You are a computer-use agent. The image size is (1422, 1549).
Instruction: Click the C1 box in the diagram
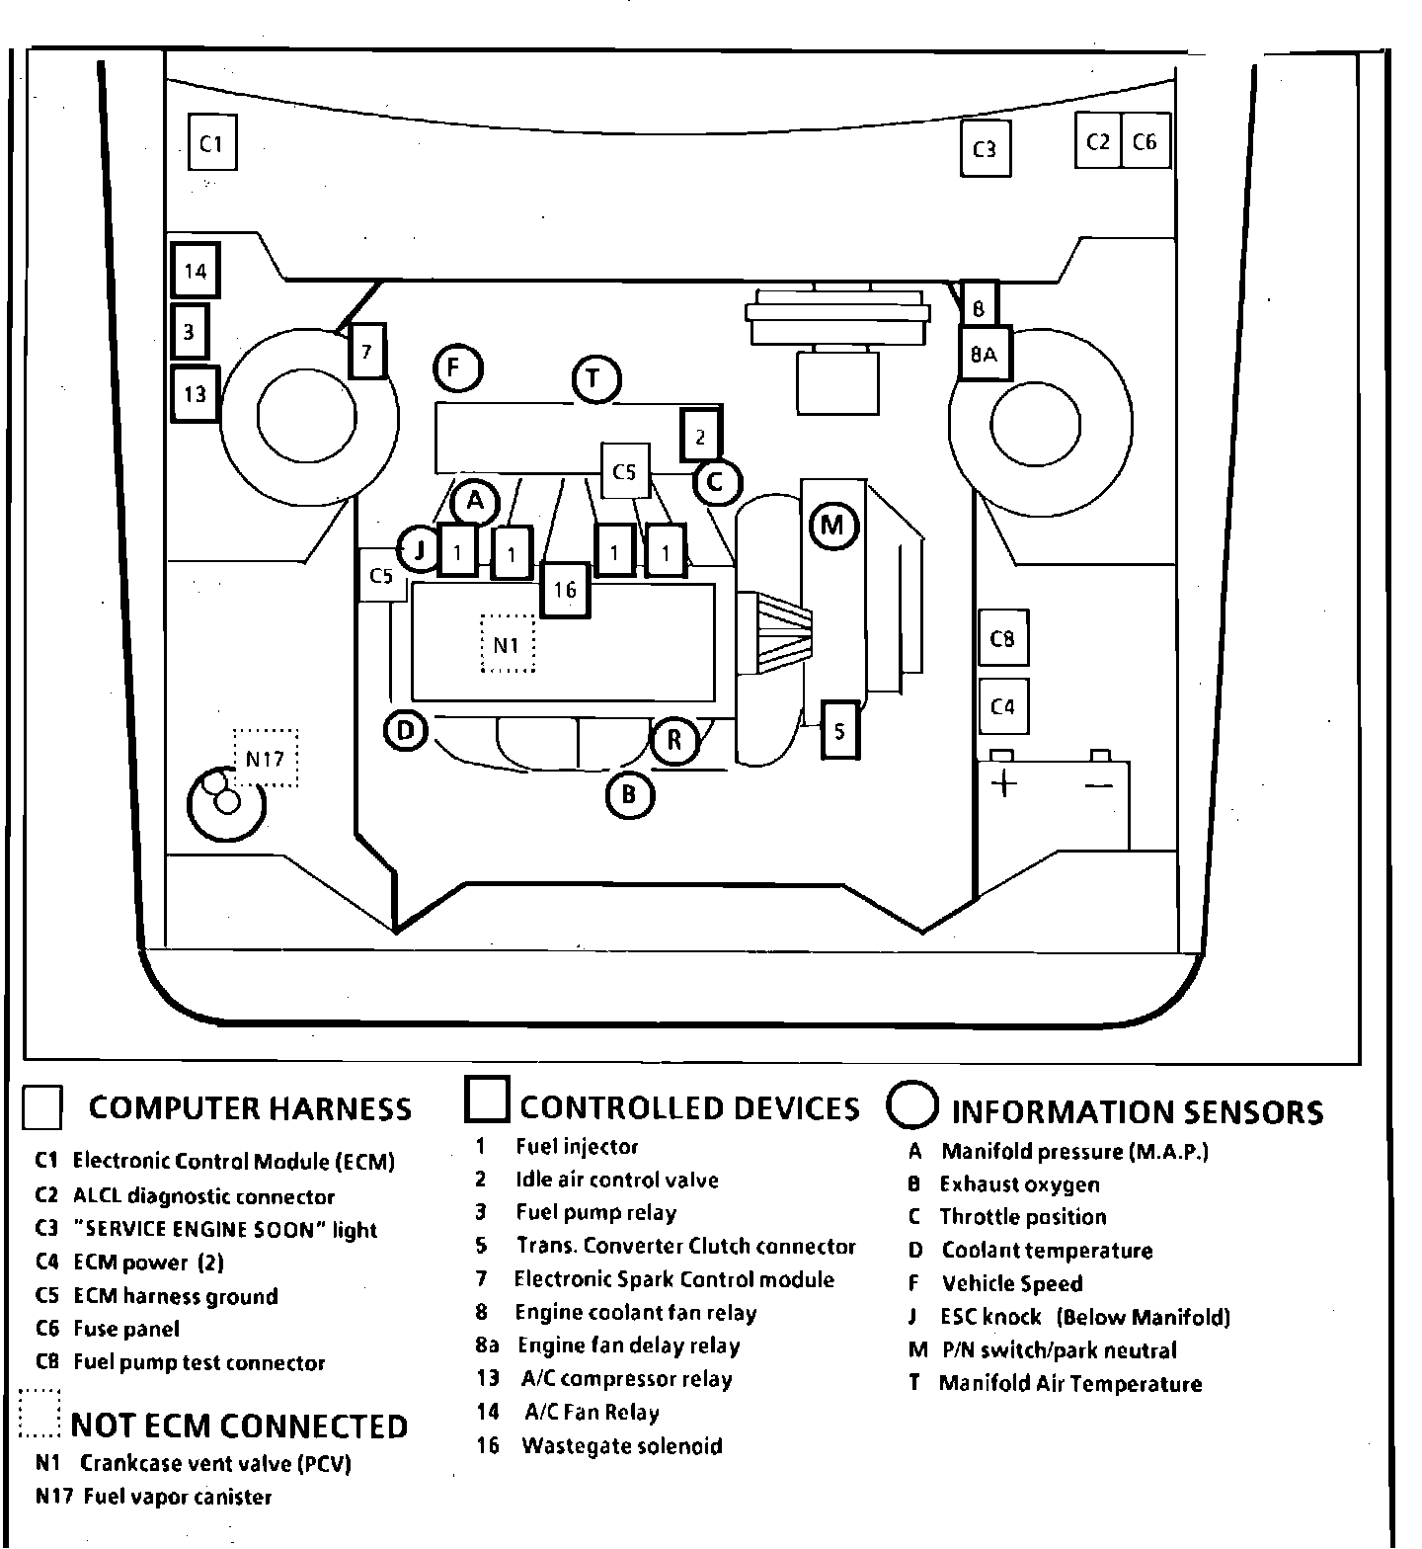pos(211,144)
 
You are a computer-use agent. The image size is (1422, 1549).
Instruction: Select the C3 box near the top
pos(984,149)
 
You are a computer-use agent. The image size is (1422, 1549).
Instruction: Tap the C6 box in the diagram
pos(1145,142)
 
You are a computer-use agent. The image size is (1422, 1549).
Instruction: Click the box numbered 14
pos(195,271)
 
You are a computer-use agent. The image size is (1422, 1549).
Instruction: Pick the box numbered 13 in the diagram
pos(195,393)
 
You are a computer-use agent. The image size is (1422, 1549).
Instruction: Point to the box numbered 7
pos(366,351)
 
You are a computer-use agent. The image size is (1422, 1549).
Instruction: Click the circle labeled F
pos(456,368)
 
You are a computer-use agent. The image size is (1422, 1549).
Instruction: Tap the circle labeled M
pos(833,525)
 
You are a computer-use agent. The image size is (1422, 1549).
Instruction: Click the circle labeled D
pos(405,731)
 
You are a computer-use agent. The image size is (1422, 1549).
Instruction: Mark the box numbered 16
pos(565,590)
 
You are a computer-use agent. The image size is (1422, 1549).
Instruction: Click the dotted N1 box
pos(507,644)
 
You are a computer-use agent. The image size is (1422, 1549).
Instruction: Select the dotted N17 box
pos(266,758)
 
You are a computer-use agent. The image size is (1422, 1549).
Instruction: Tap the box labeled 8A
pos(984,353)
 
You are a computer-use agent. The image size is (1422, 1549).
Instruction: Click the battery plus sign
pos(1003,784)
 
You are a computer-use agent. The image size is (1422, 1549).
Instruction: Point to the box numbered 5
pos(839,730)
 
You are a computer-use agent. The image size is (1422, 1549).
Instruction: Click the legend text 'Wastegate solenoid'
pos(622,1446)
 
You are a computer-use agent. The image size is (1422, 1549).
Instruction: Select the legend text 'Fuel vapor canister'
pos(177,1497)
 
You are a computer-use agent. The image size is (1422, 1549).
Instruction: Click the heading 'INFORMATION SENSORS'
pos(1137,1112)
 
